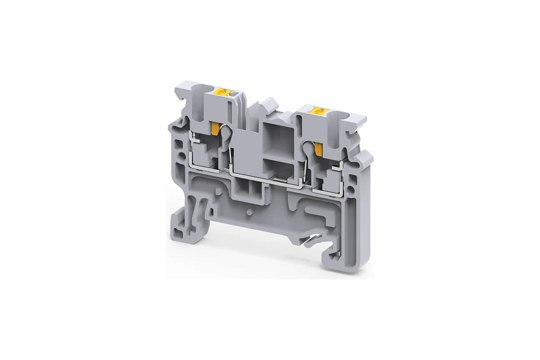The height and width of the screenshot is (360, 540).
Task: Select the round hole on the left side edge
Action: pos(181,157)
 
